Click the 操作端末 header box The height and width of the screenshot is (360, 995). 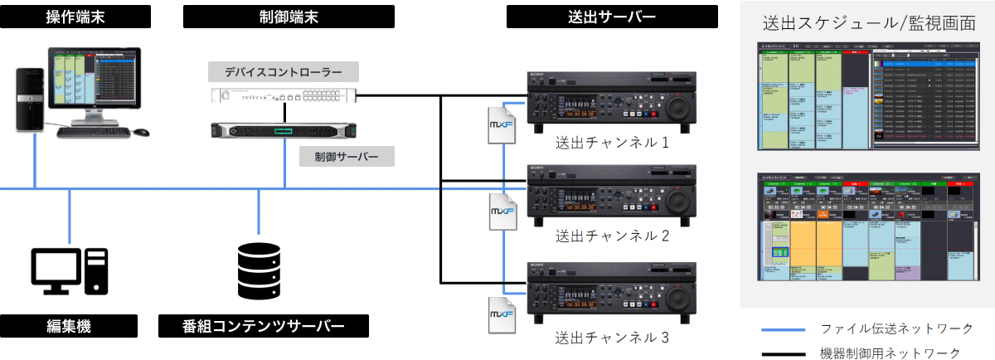[75, 17]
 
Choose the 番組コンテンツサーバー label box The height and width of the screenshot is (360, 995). [263, 326]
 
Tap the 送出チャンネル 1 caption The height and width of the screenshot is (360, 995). [612, 143]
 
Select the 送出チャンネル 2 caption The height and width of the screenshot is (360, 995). [612, 236]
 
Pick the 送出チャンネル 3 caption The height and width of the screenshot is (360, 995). [612, 338]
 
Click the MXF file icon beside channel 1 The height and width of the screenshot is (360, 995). [501, 126]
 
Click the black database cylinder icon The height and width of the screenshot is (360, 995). [259, 267]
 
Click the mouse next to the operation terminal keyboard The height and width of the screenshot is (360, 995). [141, 131]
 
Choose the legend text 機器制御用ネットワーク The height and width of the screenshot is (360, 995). [891, 353]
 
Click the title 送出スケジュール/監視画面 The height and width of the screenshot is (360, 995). [868, 22]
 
